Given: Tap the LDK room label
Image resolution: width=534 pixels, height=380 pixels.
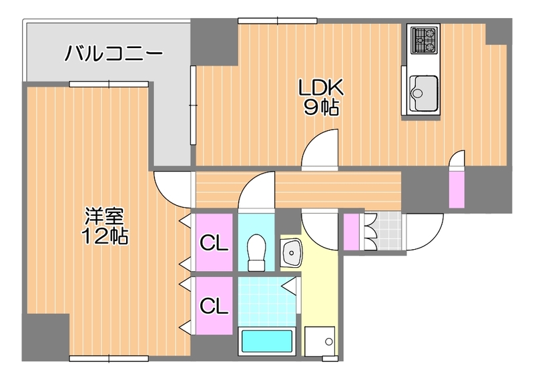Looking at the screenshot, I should (x=320, y=87).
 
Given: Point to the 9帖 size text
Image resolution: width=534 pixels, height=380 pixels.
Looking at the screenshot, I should (x=320, y=108).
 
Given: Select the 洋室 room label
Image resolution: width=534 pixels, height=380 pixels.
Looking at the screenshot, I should (x=104, y=216).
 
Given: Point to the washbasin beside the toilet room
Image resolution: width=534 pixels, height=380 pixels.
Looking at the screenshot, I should (x=291, y=252).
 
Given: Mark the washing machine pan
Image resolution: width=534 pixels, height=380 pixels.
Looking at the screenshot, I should (x=320, y=343).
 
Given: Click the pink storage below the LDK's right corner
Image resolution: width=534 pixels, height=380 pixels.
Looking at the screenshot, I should (x=457, y=190).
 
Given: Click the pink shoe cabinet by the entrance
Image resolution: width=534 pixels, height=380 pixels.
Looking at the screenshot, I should (x=351, y=230).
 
